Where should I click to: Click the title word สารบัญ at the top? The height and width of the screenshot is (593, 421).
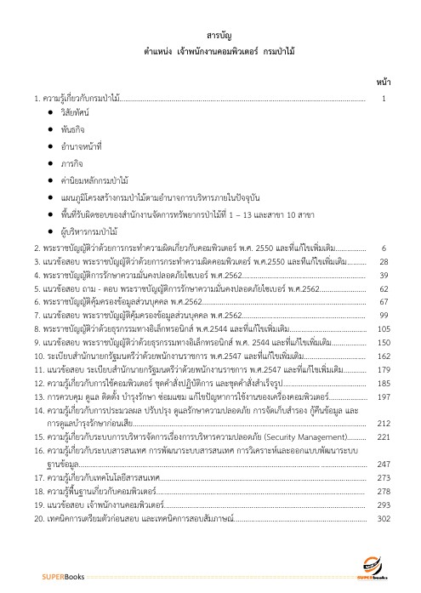220,34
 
